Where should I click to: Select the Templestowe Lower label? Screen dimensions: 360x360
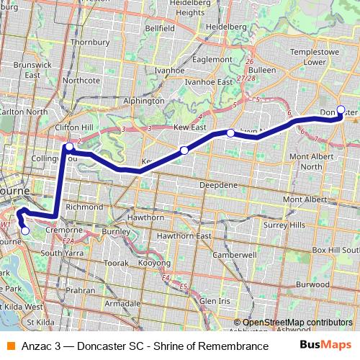tap(315, 58)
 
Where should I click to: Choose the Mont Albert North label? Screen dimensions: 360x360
tap(310, 161)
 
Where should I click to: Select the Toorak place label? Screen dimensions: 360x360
tap(116, 264)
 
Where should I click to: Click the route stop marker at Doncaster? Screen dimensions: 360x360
tap(341, 110)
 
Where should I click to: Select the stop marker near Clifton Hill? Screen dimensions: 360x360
tap(69, 147)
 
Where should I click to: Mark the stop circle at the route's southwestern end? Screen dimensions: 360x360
tap(25, 231)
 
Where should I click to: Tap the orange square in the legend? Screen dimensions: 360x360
tap(9, 346)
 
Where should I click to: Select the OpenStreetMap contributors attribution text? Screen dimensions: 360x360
tap(297, 322)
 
